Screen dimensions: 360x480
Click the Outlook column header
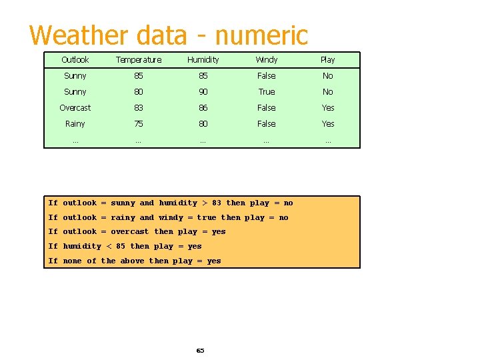tap(75, 60)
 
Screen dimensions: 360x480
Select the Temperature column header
tap(138, 60)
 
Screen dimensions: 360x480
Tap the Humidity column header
tap(203, 60)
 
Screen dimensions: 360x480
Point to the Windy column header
tap(267, 60)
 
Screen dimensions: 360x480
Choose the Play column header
tap(328, 60)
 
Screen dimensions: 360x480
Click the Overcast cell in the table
tap(75, 108)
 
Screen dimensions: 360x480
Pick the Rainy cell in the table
tap(75, 124)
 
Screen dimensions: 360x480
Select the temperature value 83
tap(138, 108)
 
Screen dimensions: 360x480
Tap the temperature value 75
tap(138, 124)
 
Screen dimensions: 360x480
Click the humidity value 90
tap(203, 92)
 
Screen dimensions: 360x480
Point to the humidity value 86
tap(203, 108)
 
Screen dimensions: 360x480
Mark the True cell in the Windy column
tap(267, 92)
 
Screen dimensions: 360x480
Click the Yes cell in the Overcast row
tap(328, 108)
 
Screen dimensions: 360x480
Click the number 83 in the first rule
tap(217, 203)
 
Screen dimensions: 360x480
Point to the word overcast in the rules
tap(130, 232)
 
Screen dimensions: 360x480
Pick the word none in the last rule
tap(73, 261)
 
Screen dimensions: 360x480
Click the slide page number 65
tap(200, 351)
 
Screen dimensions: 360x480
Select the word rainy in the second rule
tap(123, 217)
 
